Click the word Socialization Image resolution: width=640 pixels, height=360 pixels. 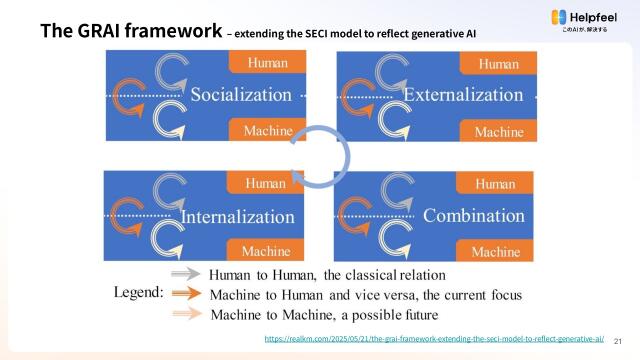coord(241,96)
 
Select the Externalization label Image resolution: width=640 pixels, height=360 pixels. coord(463,96)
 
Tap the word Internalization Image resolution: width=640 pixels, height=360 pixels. coord(238,217)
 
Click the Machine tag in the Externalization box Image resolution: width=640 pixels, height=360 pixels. coord(499,131)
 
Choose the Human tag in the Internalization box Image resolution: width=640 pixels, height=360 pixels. coord(265,183)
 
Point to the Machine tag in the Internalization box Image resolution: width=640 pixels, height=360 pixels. coord(265,250)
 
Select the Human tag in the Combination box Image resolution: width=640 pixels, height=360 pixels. coord(495,183)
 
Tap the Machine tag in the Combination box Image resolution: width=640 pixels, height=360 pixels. coord(496,250)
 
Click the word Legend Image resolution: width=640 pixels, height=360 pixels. coord(137,293)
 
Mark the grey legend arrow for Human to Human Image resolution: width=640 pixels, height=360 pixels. coord(186,272)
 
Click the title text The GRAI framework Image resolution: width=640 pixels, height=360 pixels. coord(130,30)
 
